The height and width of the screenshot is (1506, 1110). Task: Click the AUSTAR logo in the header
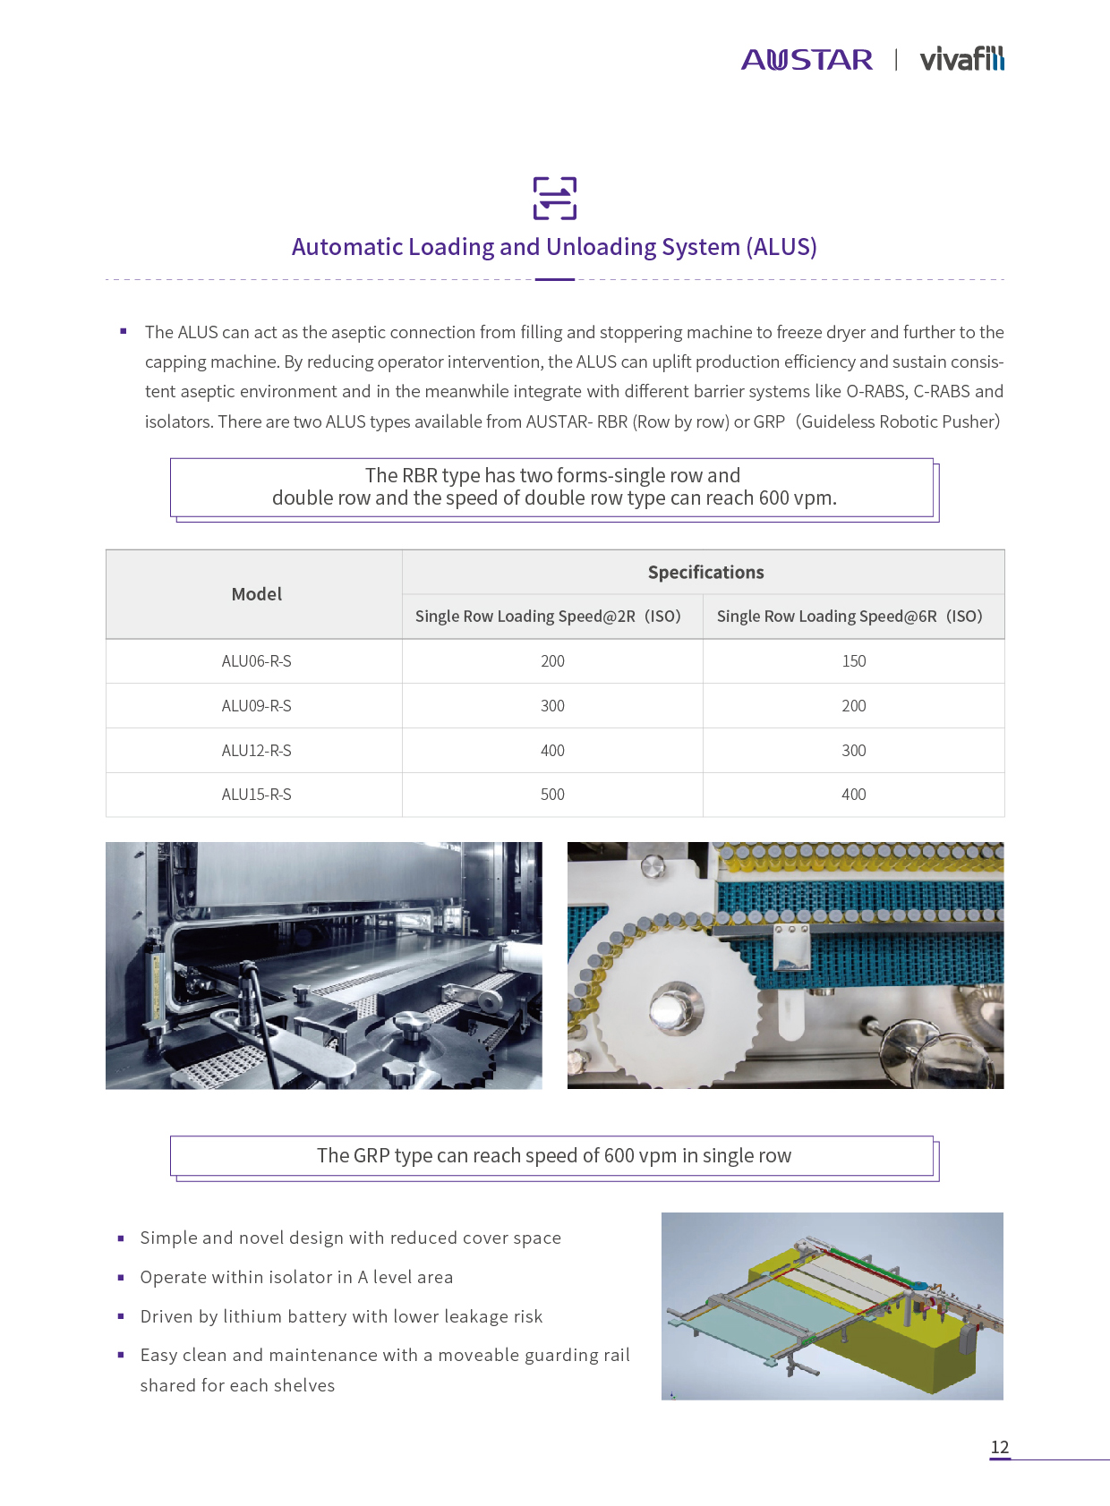click(807, 60)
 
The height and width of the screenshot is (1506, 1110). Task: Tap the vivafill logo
click(961, 59)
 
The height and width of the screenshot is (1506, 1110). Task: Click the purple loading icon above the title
click(555, 198)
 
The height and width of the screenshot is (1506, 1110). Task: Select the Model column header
click(256, 594)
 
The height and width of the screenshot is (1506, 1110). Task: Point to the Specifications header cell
click(705, 573)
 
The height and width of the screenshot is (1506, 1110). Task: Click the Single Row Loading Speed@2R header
click(548, 617)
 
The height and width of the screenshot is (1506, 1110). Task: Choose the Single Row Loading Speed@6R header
click(850, 617)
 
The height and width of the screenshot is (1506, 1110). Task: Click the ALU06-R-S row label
click(256, 661)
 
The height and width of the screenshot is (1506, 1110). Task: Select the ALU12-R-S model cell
click(256, 751)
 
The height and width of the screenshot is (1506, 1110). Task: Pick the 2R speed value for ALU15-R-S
click(552, 795)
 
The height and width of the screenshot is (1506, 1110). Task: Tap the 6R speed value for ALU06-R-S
click(853, 661)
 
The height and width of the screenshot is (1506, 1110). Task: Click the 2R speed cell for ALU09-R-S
click(552, 706)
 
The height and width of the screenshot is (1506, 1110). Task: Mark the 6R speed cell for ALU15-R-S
click(853, 795)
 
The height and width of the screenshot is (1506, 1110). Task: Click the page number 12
click(999, 1447)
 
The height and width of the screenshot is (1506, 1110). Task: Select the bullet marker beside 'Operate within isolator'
click(121, 1278)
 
